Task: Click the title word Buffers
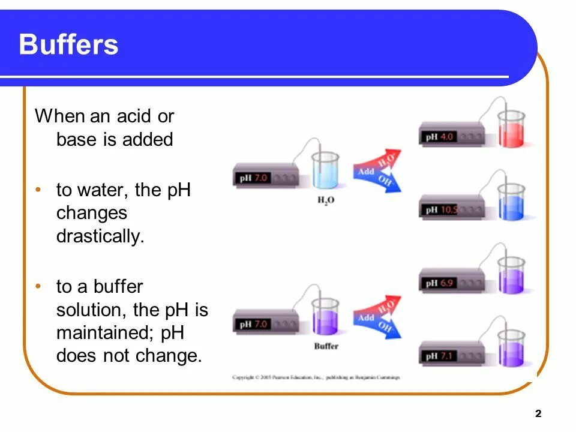click(x=68, y=45)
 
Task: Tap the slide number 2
click(x=538, y=413)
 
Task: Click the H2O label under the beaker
click(x=326, y=201)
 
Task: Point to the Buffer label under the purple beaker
click(x=326, y=346)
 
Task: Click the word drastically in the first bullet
click(x=100, y=236)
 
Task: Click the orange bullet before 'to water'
click(x=38, y=190)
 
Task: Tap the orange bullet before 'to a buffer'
click(x=38, y=286)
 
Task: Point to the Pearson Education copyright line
click(x=316, y=377)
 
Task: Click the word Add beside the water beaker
click(x=366, y=172)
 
